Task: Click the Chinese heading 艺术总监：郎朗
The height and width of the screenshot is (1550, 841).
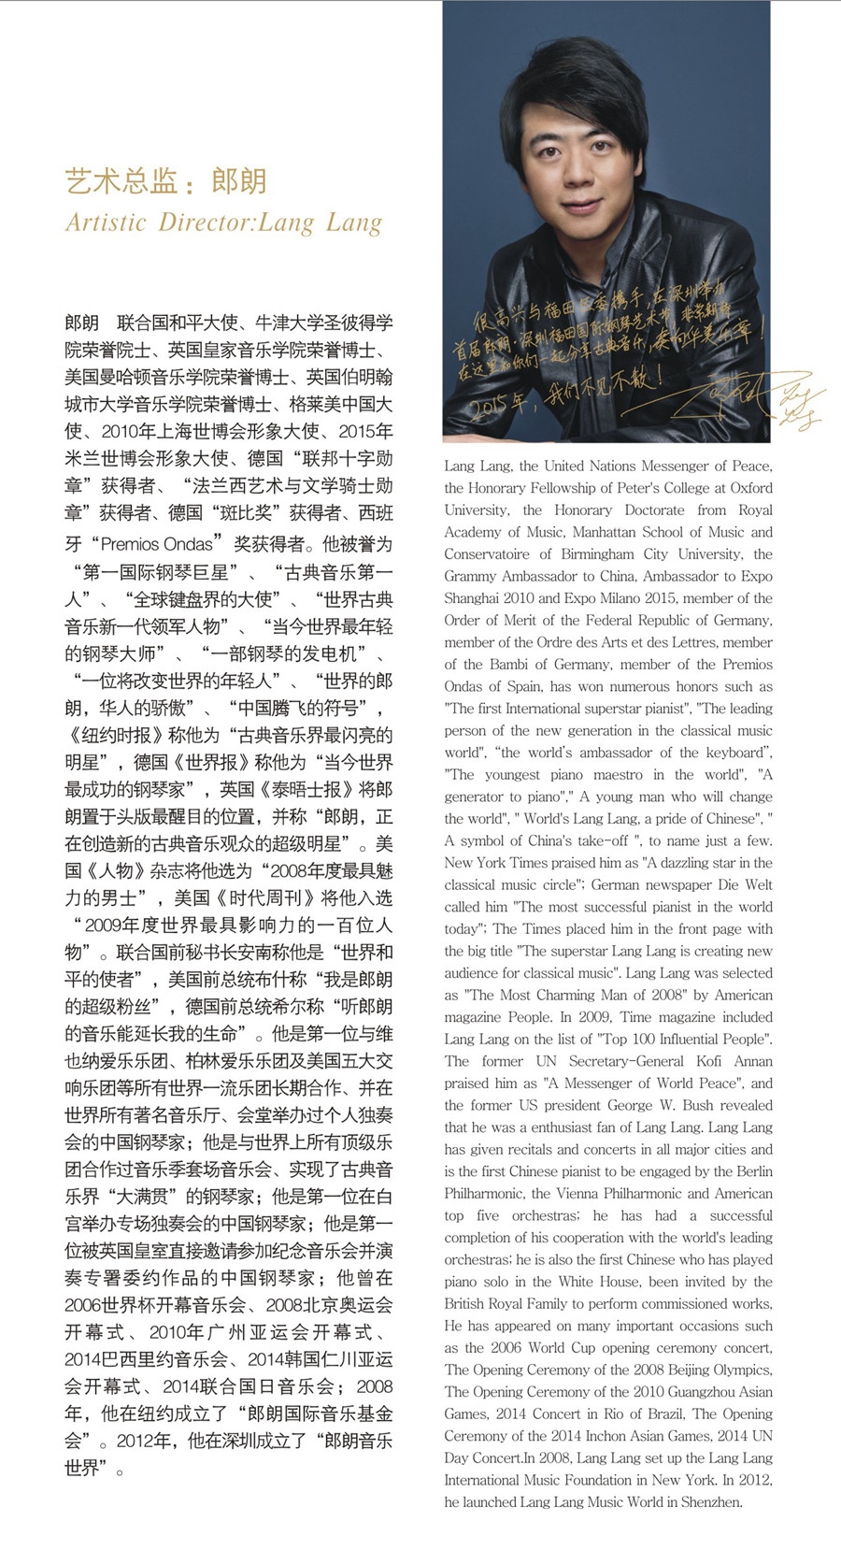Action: [x=166, y=180]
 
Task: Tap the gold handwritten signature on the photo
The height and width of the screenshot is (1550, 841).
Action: [x=748, y=397]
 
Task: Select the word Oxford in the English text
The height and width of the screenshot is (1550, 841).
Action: [x=751, y=487]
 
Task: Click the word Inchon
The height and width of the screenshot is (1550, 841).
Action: [x=616, y=1436]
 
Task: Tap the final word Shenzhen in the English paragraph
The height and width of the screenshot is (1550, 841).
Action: [x=712, y=1502]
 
